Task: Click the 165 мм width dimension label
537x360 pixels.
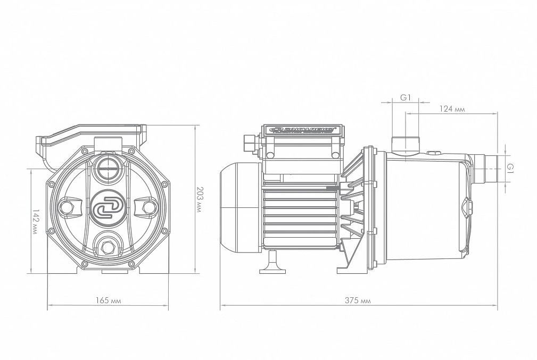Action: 109,301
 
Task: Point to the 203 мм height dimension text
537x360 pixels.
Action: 200,199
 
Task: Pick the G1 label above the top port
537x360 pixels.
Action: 406,97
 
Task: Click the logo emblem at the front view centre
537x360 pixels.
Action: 108,207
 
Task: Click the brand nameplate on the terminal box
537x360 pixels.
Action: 302,129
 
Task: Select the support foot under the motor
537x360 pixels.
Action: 272,264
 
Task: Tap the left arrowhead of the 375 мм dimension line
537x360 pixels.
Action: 222,306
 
